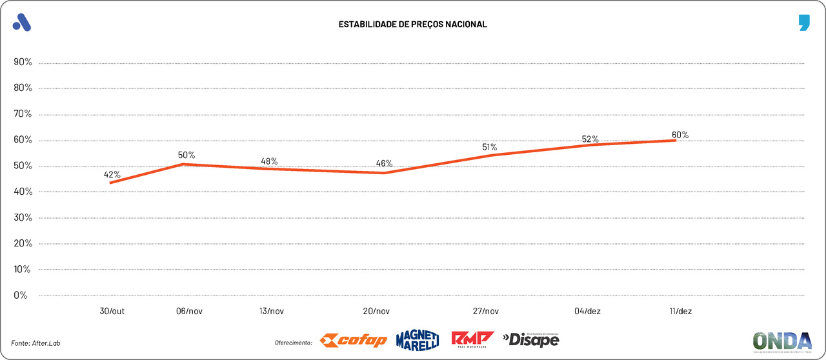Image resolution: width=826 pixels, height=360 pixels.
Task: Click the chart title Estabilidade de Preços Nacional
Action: [413, 25]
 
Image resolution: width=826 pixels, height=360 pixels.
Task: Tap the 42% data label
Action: [112, 175]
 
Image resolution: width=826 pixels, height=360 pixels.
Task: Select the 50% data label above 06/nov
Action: [186, 155]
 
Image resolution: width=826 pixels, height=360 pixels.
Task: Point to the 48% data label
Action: [269, 161]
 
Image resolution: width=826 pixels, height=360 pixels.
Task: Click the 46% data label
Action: [384, 163]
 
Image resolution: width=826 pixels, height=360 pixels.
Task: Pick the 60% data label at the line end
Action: [680, 135]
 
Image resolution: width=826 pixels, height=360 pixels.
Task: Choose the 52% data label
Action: [590, 139]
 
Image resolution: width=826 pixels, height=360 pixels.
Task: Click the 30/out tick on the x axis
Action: [113, 311]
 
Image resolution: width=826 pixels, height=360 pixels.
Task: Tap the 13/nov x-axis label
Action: [270, 311]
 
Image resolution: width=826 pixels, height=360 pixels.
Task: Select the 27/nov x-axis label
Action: [485, 311]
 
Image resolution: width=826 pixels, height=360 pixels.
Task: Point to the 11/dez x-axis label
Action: [681, 311]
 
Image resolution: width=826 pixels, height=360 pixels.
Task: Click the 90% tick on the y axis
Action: [23, 63]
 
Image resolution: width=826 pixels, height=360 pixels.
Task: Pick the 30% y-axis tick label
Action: [23, 217]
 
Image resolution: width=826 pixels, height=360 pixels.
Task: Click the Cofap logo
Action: [354, 340]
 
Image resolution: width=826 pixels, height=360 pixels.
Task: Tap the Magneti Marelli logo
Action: [418, 340]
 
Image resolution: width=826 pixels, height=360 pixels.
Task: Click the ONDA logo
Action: [783, 341]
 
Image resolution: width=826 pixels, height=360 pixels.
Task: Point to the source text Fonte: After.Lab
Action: [40, 342]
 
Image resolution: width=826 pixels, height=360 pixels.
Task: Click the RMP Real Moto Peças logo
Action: [472, 339]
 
